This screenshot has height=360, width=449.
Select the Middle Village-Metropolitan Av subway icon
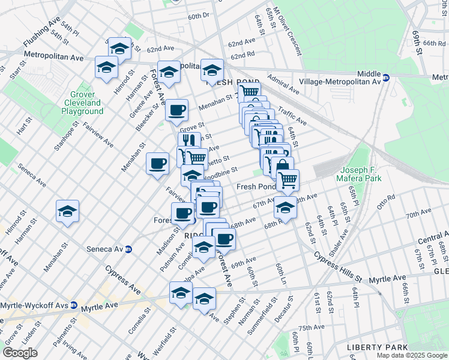pos(387,77)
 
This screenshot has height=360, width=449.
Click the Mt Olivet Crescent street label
pos(289,38)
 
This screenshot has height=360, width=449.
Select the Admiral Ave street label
pos(283,85)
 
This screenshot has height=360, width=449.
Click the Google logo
pos(20,353)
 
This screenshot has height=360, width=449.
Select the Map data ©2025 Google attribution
pos(412,355)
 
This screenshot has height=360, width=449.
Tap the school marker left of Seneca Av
pos(67,211)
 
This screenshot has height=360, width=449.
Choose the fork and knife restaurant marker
pos(188,141)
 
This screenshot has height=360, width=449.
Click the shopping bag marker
pos(281,166)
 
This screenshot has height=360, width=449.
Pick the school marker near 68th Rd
pos(285,208)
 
